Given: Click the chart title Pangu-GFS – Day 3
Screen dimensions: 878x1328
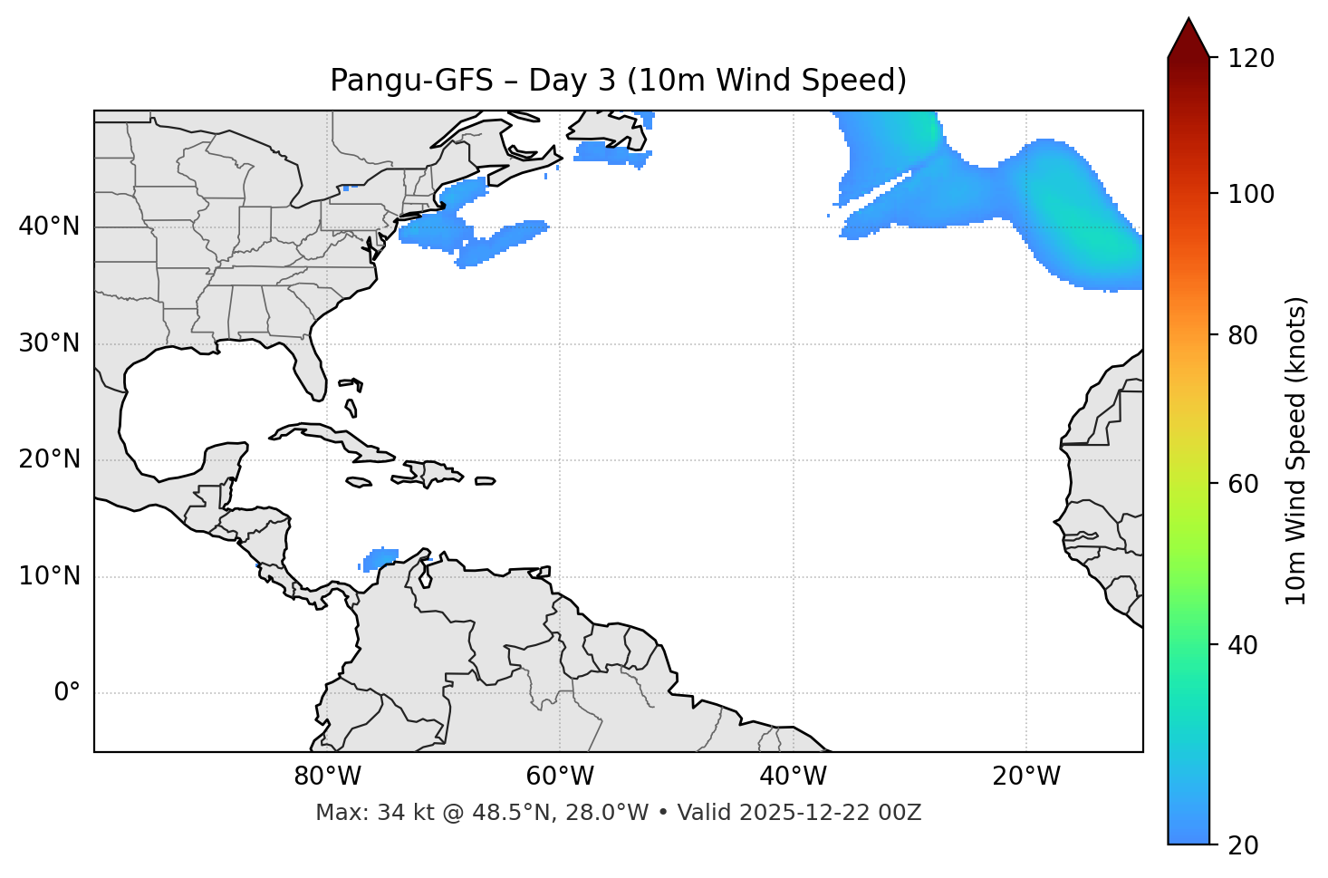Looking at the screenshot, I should (x=618, y=81).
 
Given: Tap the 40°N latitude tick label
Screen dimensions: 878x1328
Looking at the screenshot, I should (x=49, y=227).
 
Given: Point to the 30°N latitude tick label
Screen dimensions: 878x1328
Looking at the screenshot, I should (x=49, y=343).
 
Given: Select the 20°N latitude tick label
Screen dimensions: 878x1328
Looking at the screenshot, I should (x=49, y=459).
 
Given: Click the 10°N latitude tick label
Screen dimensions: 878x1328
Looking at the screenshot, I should (x=49, y=576).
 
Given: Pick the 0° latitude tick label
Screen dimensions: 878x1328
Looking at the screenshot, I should (x=66, y=693).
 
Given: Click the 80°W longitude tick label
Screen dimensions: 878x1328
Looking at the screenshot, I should (x=327, y=777).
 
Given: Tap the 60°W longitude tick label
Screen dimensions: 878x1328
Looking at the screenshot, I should (x=560, y=777).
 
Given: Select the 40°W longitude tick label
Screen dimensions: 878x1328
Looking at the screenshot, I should (x=793, y=777).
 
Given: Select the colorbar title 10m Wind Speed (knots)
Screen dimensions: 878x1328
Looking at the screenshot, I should (x=1296, y=450).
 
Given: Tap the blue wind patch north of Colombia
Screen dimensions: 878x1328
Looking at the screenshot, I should (x=381, y=558).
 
